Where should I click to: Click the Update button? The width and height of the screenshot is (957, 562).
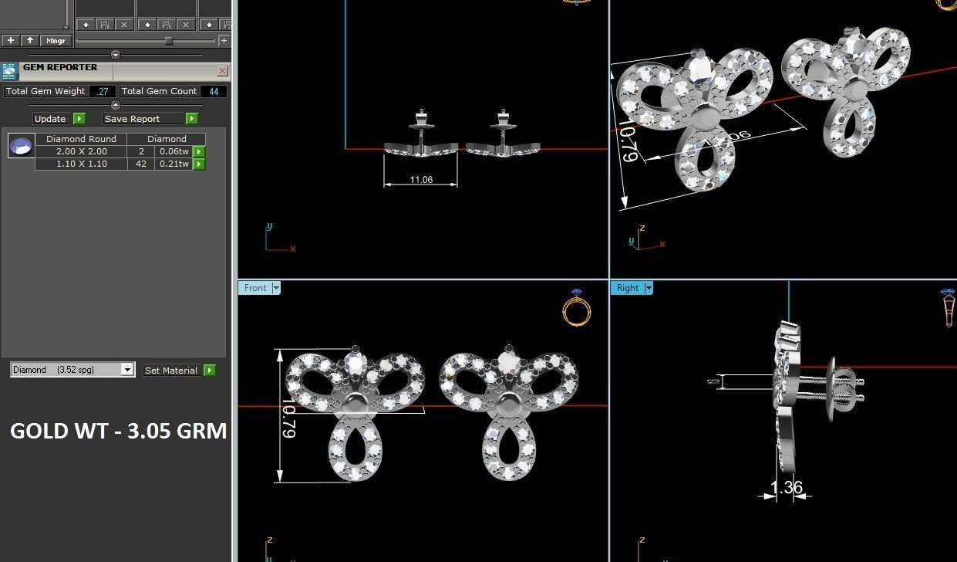point(51,119)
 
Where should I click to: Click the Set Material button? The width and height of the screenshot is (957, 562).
point(171,371)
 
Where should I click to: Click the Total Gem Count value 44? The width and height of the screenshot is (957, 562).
point(214,91)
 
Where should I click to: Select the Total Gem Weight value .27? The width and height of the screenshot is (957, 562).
point(102,91)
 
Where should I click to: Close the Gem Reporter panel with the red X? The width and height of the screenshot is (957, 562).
point(222,71)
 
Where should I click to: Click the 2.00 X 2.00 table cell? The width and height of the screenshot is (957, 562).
point(82,151)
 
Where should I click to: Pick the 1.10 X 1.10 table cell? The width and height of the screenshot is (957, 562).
point(82,164)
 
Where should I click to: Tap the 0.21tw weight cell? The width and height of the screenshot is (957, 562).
point(174,164)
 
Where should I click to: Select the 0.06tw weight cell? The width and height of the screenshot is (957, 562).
point(174,151)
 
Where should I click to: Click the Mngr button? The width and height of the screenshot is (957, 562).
point(56,40)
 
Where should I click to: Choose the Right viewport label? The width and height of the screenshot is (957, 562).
point(627,288)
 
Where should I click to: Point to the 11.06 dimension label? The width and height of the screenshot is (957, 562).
point(421,180)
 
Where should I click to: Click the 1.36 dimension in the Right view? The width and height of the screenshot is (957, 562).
point(786,488)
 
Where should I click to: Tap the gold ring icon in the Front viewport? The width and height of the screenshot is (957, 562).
point(577,309)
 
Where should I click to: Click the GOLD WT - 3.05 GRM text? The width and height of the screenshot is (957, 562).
point(118,431)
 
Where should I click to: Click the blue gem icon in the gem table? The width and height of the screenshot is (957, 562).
point(21,145)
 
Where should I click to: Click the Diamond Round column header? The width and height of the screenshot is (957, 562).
point(81,139)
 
